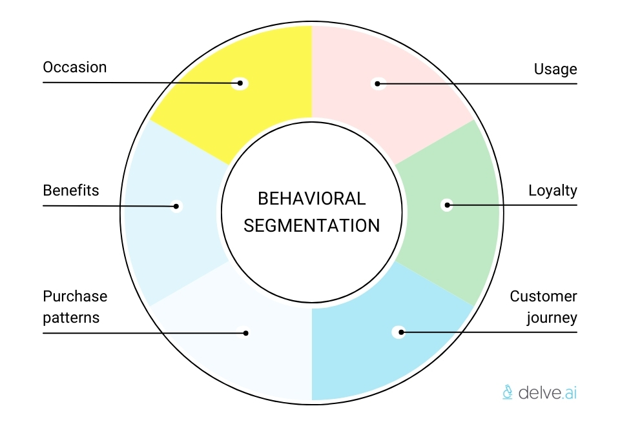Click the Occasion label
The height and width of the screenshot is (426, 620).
point(74,67)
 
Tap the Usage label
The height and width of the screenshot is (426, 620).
point(555,69)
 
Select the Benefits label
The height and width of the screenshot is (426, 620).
point(71,190)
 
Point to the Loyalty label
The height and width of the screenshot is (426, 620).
point(552,190)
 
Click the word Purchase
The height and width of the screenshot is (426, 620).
point(75,297)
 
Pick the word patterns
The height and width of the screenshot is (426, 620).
point(71,318)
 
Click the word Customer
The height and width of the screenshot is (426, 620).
point(543,297)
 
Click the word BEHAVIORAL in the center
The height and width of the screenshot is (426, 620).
point(311,198)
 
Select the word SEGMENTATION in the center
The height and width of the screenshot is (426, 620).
point(311,225)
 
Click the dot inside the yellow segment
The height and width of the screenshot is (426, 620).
point(240,83)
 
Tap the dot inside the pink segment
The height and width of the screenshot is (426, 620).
point(378,83)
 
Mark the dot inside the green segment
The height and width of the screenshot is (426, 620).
point(446,205)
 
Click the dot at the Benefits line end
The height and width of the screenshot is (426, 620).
point(176,207)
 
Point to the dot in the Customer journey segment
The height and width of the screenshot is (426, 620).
point(400,332)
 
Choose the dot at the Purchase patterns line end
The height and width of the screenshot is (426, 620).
point(246,333)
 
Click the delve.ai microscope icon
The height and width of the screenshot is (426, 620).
point(508,391)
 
